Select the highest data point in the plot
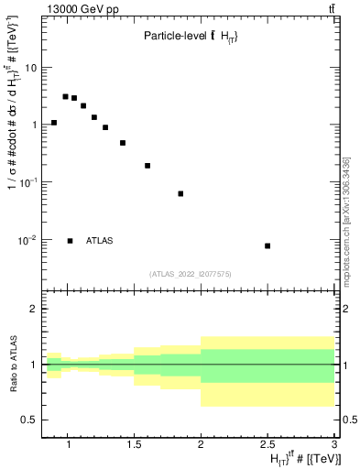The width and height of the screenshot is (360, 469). [66, 96]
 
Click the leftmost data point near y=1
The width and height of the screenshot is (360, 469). [54, 123]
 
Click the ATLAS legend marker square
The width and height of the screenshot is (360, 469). [70, 241]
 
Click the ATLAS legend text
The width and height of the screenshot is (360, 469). [100, 241]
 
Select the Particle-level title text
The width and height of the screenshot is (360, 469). [191, 36]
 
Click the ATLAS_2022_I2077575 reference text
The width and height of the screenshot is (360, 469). [191, 274]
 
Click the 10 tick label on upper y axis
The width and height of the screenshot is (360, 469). [30, 67]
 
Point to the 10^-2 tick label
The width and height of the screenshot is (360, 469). [27, 240]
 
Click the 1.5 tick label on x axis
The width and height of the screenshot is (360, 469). [134, 444]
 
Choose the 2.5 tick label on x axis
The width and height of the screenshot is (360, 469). [267, 444]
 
